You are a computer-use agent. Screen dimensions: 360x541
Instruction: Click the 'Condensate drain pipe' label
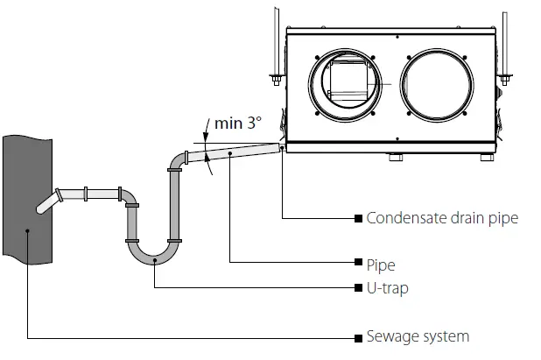[442, 218]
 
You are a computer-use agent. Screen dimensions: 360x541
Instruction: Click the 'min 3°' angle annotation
[238, 124]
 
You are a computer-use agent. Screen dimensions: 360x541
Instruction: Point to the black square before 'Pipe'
[358, 263]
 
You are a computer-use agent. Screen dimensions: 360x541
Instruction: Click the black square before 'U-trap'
[358, 288]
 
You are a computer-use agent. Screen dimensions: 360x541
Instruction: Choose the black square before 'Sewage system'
[358, 337]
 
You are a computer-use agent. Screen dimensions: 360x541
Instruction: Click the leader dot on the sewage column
[29, 231]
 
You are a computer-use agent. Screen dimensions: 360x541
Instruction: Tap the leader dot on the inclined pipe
[229, 153]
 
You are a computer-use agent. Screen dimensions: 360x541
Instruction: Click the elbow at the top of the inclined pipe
[178, 160]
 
